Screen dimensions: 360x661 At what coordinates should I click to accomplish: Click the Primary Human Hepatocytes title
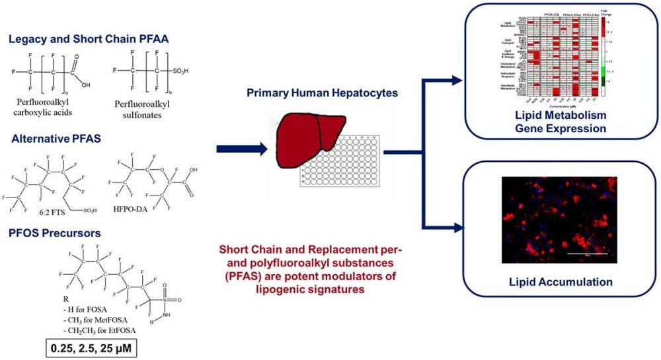click(x=321, y=92)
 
